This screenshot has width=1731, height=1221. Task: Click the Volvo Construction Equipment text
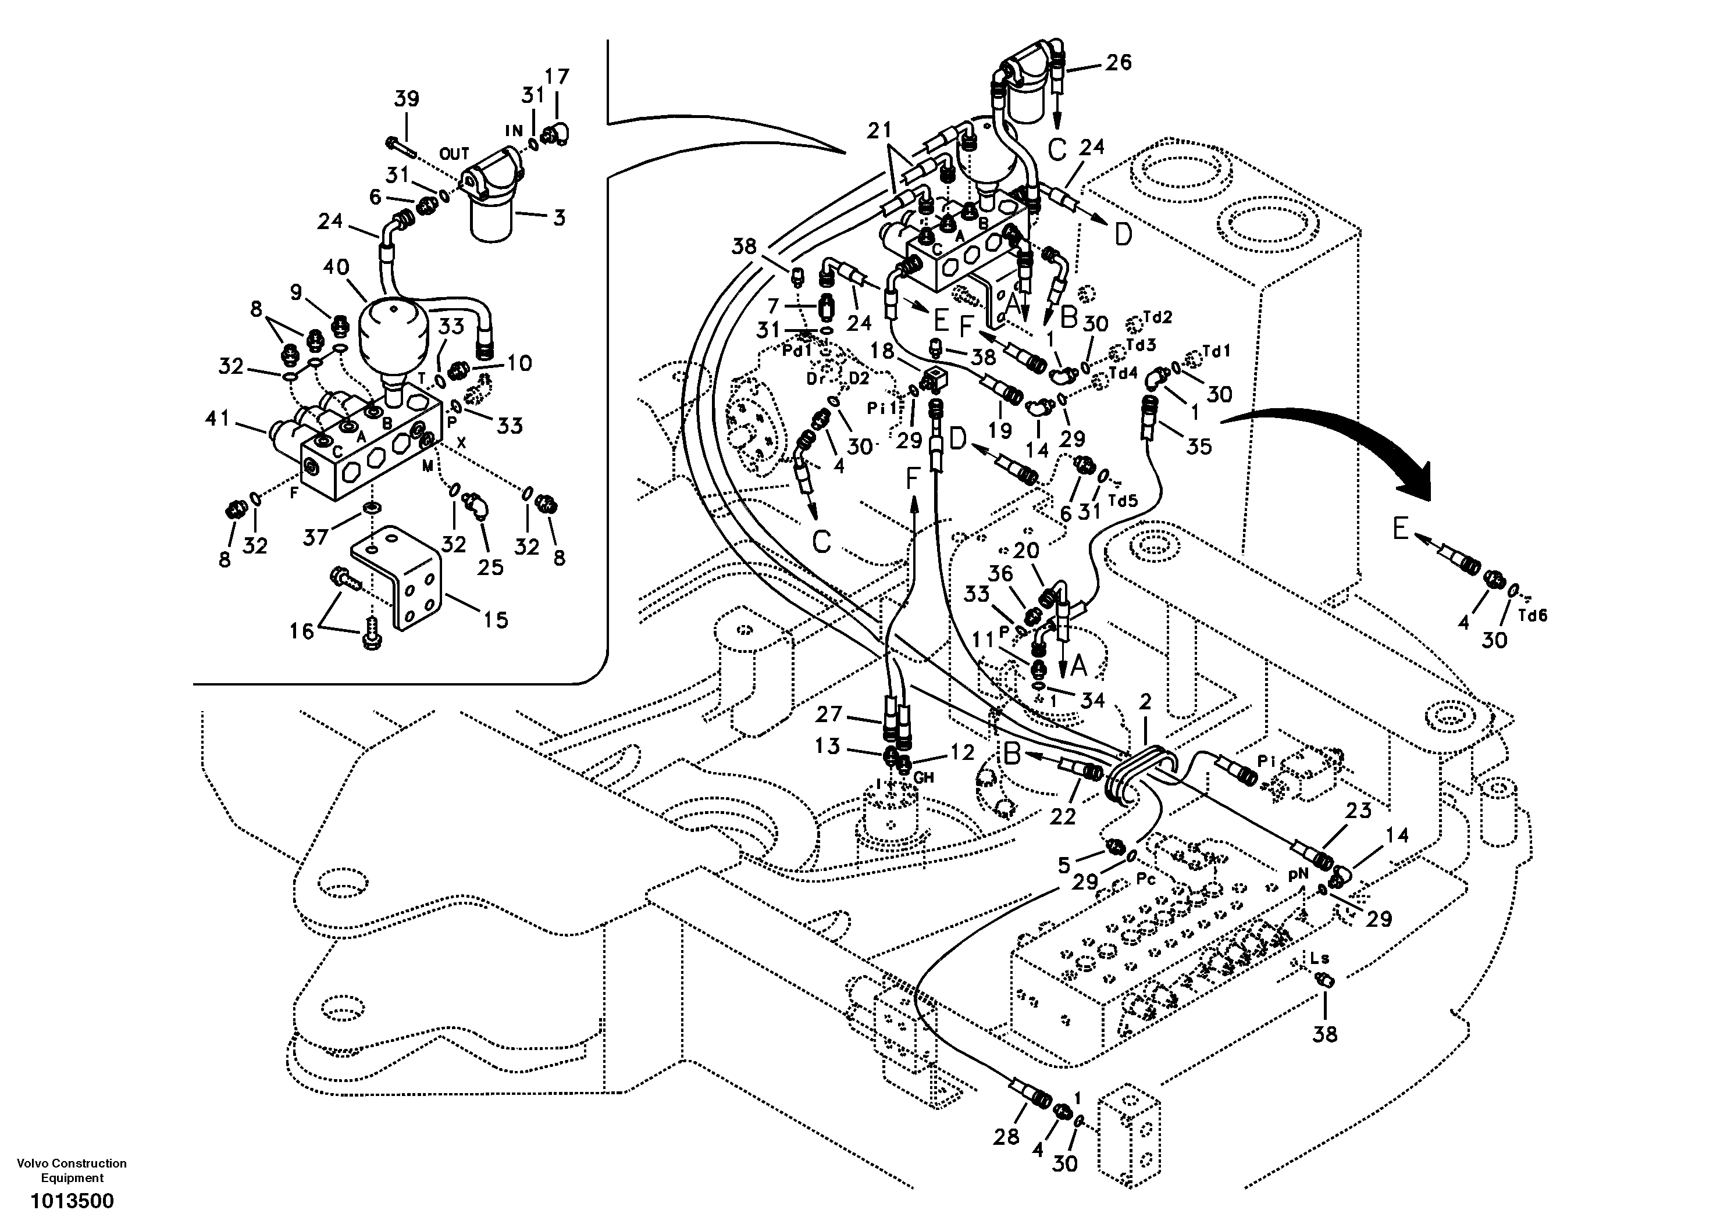(72, 1169)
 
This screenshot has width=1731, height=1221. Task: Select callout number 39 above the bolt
(407, 99)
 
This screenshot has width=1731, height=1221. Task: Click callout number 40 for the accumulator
(336, 267)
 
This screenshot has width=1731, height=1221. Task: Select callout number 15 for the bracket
(496, 620)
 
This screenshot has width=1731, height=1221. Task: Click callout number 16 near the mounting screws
(301, 631)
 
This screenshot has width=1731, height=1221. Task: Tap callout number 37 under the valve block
(316, 537)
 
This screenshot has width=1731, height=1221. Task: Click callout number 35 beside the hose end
(1199, 445)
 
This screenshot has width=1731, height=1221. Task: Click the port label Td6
(1532, 615)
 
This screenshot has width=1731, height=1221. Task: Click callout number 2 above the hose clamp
(1145, 702)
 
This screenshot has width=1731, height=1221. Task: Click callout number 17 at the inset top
(557, 77)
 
